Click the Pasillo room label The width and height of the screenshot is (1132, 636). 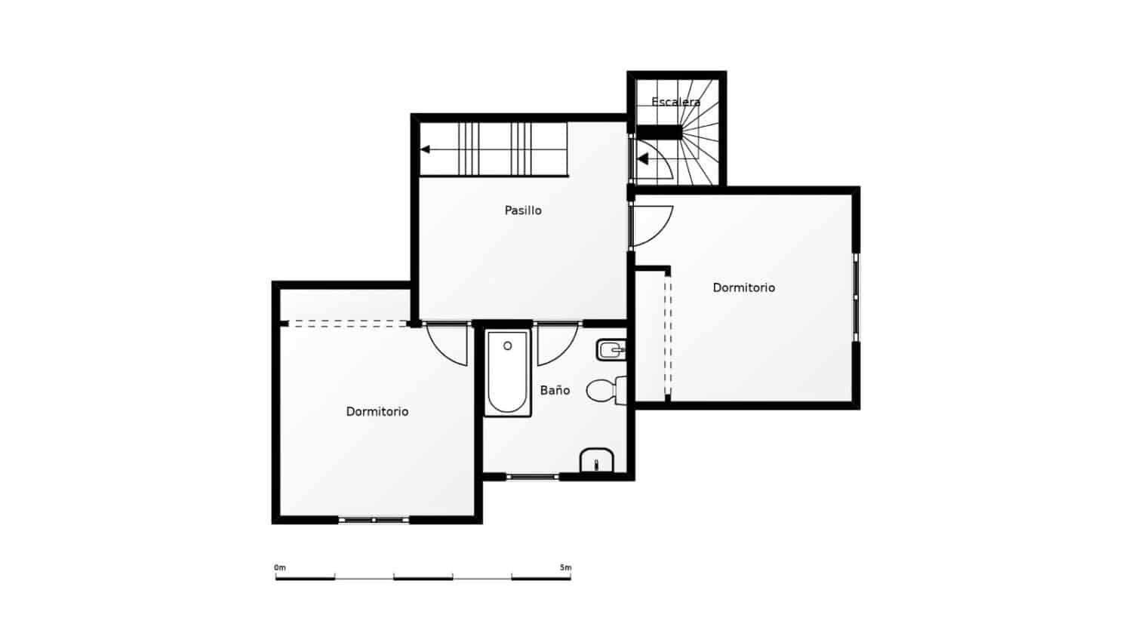[x=523, y=210]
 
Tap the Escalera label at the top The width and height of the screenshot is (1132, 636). [x=675, y=101]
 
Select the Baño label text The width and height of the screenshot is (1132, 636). [x=555, y=390]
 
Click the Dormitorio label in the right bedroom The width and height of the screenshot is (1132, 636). [x=743, y=287]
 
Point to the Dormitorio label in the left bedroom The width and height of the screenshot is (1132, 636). [x=377, y=411]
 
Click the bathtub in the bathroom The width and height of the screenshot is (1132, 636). [x=508, y=373]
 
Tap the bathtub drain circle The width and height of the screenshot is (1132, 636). [x=508, y=346]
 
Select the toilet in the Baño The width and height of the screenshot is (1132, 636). [x=604, y=390]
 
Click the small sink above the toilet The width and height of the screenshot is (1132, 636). [x=611, y=349]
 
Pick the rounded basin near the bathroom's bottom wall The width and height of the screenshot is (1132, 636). [x=597, y=460]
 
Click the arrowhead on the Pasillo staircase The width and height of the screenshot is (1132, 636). [x=425, y=149]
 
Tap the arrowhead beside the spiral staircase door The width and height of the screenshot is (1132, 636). [x=642, y=159]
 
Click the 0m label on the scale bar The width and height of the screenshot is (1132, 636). [x=280, y=567]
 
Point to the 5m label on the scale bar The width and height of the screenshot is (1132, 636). [x=565, y=567]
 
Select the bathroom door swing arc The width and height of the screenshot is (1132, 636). [x=558, y=345]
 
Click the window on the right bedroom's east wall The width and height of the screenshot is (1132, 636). [x=856, y=297]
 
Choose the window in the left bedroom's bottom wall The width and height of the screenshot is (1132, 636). [x=374, y=519]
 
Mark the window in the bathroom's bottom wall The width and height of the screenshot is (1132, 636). [x=532, y=477]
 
